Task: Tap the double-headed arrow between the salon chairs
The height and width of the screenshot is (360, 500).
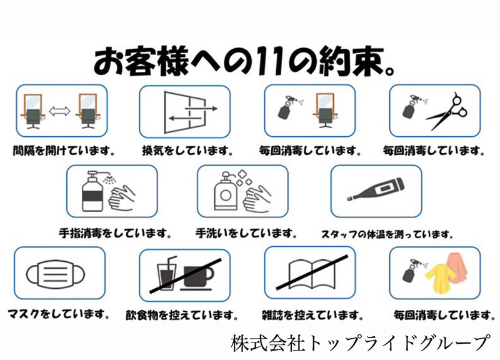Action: coord(59,111)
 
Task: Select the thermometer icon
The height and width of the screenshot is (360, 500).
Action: coord(376,190)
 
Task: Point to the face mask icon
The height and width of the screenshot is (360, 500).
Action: coord(56,274)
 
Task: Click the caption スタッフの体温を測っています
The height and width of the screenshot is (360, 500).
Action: coord(387,234)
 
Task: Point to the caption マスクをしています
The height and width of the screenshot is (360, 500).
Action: coord(59,314)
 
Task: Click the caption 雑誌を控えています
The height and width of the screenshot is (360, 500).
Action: coord(312,316)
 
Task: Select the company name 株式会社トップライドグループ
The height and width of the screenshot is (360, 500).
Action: coord(361,342)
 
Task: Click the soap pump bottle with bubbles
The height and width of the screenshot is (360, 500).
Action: coord(226,192)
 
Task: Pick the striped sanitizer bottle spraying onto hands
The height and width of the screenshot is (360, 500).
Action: coord(92,192)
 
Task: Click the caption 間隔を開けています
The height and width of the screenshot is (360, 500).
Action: coord(64,151)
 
